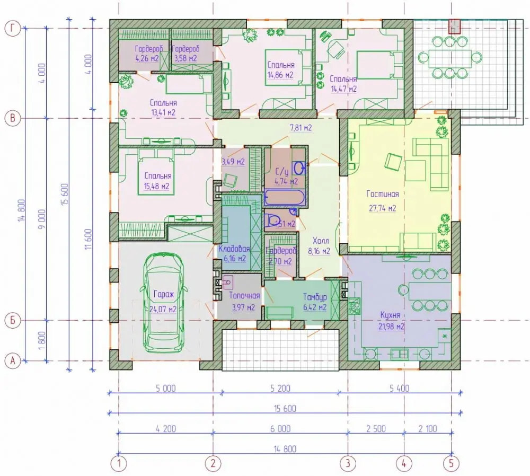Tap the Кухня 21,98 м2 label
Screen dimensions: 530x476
click(x=391, y=321)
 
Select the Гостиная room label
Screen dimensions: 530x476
click(x=382, y=194)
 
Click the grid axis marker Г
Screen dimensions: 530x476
click(x=13, y=29)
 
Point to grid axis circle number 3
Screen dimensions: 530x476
click(x=348, y=463)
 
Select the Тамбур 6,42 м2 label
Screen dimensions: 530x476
click(x=315, y=302)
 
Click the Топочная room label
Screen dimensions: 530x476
click(x=244, y=295)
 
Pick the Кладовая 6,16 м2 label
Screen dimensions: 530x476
click(x=234, y=254)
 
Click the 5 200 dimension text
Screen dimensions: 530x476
click(x=280, y=388)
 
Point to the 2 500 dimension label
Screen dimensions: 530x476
click(x=376, y=429)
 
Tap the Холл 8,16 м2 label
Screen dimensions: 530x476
click(x=319, y=246)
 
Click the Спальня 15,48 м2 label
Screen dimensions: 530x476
click(x=157, y=181)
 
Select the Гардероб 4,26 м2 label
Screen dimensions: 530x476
click(x=149, y=54)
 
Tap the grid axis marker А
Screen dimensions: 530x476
click(x=13, y=361)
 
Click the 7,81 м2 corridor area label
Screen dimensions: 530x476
click(x=301, y=128)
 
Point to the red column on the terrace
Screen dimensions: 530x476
click(x=455, y=26)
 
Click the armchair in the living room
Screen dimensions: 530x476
click(x=393, y=162)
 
